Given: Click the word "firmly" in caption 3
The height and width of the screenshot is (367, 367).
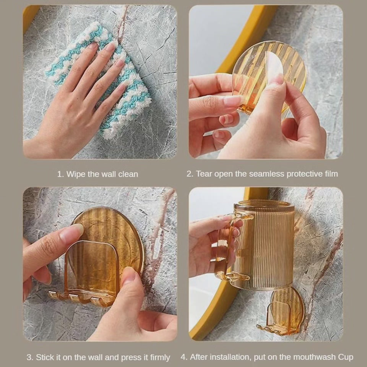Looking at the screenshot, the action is (x=160, y=358).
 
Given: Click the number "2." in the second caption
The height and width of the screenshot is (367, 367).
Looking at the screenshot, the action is (x=190, y=174).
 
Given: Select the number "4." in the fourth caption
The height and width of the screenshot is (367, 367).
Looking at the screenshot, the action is (x=184, y=357).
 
